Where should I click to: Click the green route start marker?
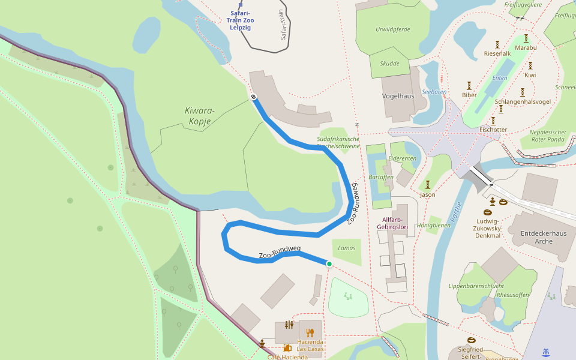tap(329, 264)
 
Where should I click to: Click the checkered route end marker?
tap(254, 97)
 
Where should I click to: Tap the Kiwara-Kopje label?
tap(200, 115)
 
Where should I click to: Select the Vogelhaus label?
tap(398, 96)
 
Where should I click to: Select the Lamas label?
tap(347, 248)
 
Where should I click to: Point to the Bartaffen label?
tap(380, 178)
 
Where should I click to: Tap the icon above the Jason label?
tap(428, 184)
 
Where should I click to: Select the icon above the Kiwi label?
tap(530, 65)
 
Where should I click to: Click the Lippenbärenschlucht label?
tap(476, 286)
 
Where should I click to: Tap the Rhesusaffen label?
tap(514, 295)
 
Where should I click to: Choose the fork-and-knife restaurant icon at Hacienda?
tap(310, 332)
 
